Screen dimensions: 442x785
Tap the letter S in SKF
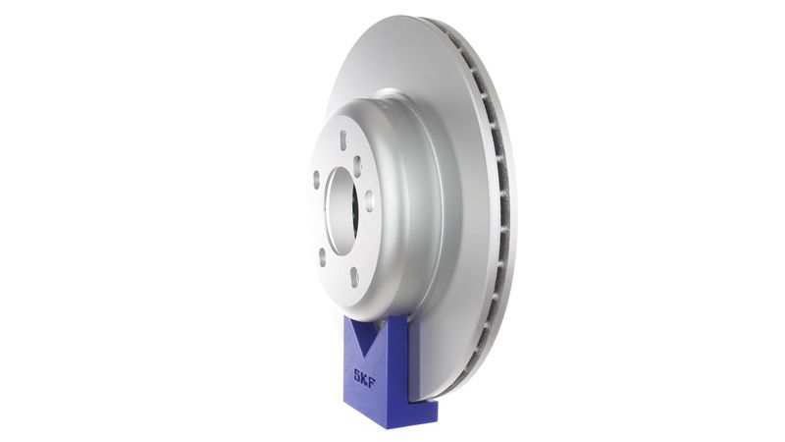[357, 373]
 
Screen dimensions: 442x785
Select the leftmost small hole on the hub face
[316, 180]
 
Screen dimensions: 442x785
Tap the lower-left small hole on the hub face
[322, 254]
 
